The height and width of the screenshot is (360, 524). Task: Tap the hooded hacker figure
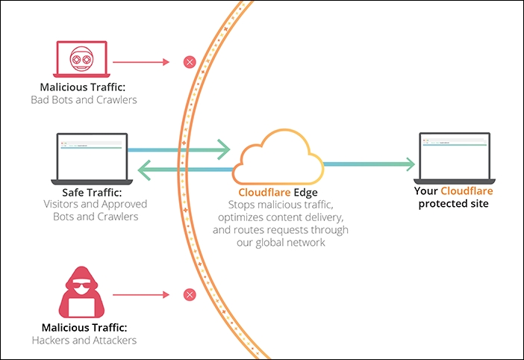(81, 292)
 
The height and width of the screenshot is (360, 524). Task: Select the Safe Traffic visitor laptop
(92, 157)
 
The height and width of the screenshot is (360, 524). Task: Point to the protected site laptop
(453, 157)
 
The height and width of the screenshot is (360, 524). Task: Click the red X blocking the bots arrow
(190, 62)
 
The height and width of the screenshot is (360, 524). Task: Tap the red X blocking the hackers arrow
(190, 296)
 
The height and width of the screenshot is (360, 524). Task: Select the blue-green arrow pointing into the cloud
(179, 150)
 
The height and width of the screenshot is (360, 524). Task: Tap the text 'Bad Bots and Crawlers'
(84, 99)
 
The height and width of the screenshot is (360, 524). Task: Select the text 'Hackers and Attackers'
(84, 341)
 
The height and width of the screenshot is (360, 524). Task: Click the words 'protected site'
(453, 204)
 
